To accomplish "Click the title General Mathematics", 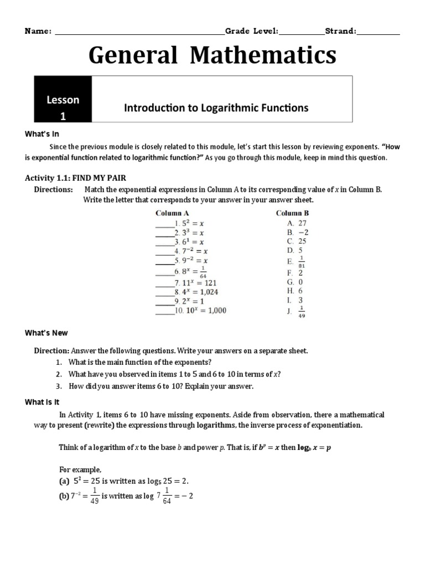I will pos(212,56).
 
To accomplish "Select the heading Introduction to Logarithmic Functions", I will pos(216,108).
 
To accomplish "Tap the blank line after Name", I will pos(138,32).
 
